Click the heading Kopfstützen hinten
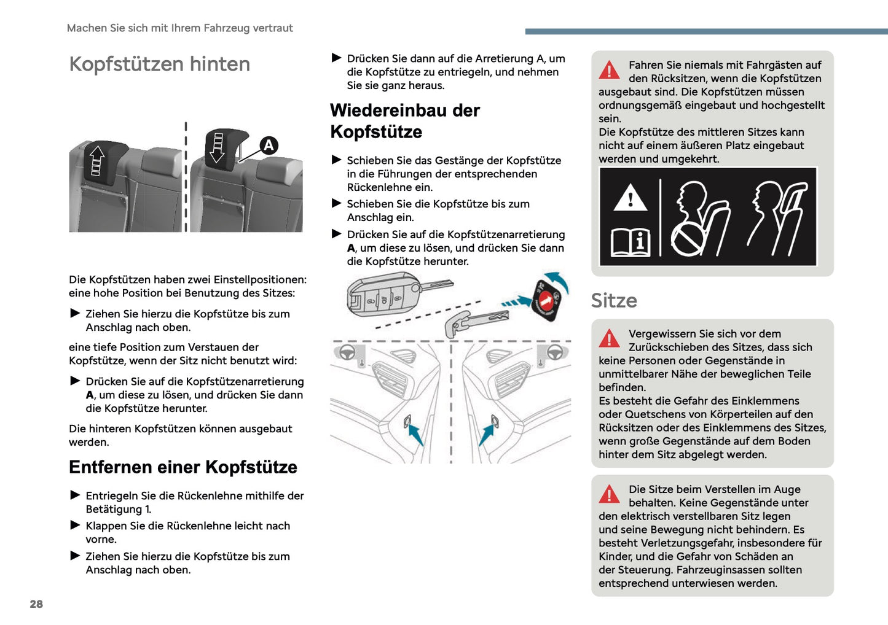[x=159, y=64]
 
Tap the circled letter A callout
[x=269, y=146]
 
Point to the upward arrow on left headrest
[x=96, y=161]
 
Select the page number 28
[x=36, y=604]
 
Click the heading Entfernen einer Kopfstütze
[x=183, y=467]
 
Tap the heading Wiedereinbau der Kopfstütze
[x=404, y=121]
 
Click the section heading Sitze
[x=613, y=300]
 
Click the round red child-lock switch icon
[x=546, y=300]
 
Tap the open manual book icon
[x=630, y=242]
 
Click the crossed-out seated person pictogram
[x=699, y=219]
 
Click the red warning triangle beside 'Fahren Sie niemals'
[x=610, y=71]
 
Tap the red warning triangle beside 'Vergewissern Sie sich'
[x=610, y=339]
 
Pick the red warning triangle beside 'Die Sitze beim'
[x=610, y=494]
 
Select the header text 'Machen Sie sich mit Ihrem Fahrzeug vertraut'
[x=179, y=28]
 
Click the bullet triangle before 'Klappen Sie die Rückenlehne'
[x=75, y=526]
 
